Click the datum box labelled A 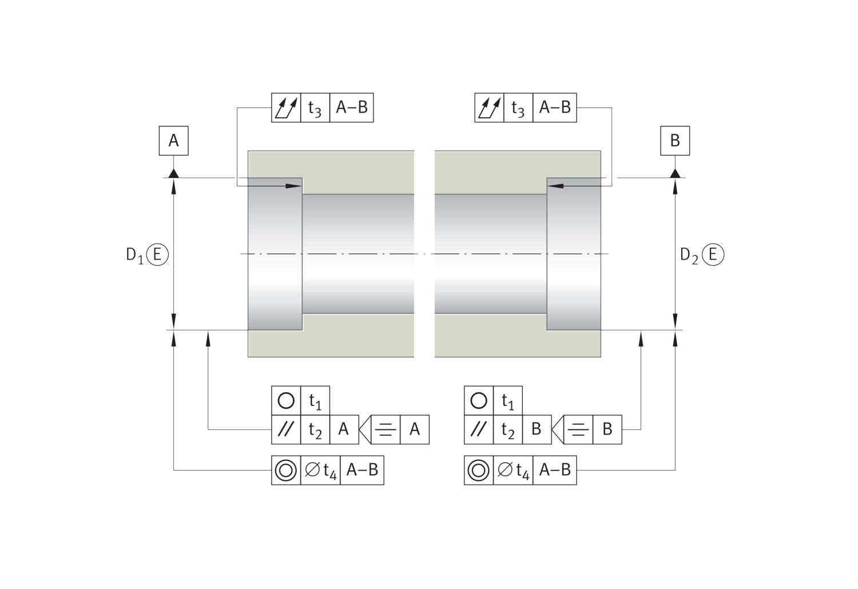[x=173, y=141]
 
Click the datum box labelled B [x=675, y=141]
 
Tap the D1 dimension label [x=135, y=255]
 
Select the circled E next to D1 [x=157, y=254]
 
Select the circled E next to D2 [x=713, y=254]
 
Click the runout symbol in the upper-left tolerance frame [x=286, y=108]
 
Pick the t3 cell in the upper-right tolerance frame [x=518, y=108]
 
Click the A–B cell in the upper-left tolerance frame [x=352, y=108]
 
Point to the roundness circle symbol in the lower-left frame [x=286, y=401]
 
